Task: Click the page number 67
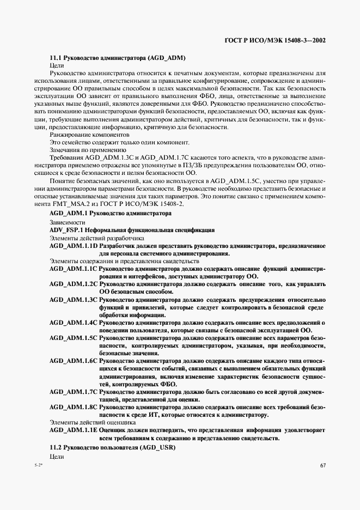(322, 464)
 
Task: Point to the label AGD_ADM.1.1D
(73, 246)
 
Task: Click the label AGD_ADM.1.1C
(73, 269)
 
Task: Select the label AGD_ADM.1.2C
(73, 284)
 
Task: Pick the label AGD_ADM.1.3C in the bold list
(73, 299)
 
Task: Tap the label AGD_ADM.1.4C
(73, 322)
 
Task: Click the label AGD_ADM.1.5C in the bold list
(73, 337)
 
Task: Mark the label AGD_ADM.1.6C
(73, 361)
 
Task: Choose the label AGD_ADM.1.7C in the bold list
(73, 391)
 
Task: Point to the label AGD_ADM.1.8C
(73, 406)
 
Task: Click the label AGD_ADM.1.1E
(73, 430)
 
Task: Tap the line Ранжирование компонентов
(89, 133)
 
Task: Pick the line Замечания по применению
(88, 149)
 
